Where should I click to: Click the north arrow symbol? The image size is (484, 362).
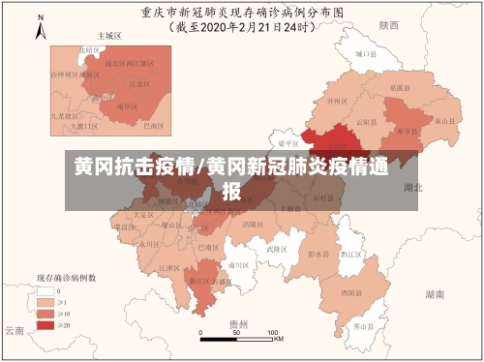pyautogui.click(x=40, y=28)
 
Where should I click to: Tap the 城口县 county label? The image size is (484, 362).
pyautogui.click(x=363, y=56)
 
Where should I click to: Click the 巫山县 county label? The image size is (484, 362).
pyautogui.click(x=443, y=121)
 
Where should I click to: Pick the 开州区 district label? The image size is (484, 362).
pyautogui.click(x=335, y=100)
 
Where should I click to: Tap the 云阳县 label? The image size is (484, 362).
pyautogui.click(x=365, y=123)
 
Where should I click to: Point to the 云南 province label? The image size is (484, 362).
pyautogui.click(x=13, y=329)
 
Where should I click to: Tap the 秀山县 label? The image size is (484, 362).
pyautogui.click(x=363, y=328)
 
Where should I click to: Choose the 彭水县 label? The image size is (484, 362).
pyautogui.click(x=318, y=254)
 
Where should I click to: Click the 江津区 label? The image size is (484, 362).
pyautogui.click(x=169, y=268)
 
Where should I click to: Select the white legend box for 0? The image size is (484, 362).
pyautogui.click(x=45, y=289)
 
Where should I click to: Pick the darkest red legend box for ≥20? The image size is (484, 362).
pyautogui.click(x=45, y=325)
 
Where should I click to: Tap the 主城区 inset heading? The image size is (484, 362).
pyautogui.click(x=109, y=35)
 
